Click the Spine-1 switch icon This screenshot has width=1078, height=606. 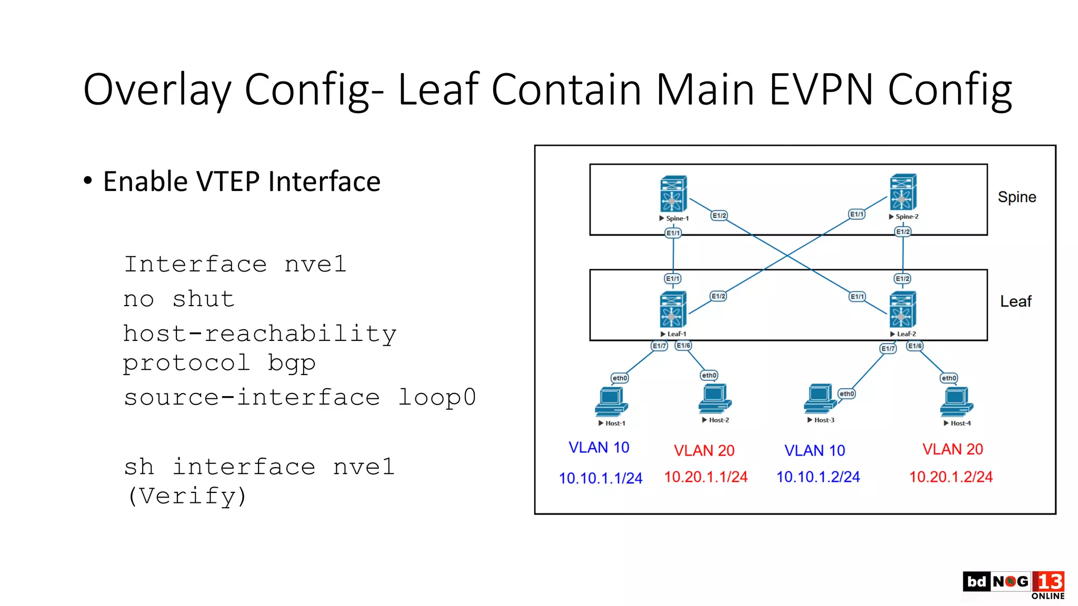point(673,194)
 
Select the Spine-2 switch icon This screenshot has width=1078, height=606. point(903,192)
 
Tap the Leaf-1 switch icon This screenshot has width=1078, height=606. point(673,309)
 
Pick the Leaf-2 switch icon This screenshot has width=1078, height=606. point(902,309)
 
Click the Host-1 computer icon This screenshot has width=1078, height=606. point(611,402)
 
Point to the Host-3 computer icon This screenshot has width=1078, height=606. point(820,399)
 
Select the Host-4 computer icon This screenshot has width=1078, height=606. point(956,402)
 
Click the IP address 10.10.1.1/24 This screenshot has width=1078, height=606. point(600,478)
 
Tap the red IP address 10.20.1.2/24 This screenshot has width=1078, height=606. point(951,477)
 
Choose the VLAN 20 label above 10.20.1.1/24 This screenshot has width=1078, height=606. point(704,450)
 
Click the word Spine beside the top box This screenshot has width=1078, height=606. point(1016,197)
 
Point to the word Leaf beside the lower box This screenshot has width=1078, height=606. point(1015,301)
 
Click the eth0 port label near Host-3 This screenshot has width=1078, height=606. point(846,393)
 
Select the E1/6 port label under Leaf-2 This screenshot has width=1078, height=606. point(915,346)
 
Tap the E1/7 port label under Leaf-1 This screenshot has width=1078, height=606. point(659,346)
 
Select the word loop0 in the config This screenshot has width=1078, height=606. point(437,397)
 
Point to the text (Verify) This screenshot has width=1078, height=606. point(187,496)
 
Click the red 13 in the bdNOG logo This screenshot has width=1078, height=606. point(1049,582)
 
